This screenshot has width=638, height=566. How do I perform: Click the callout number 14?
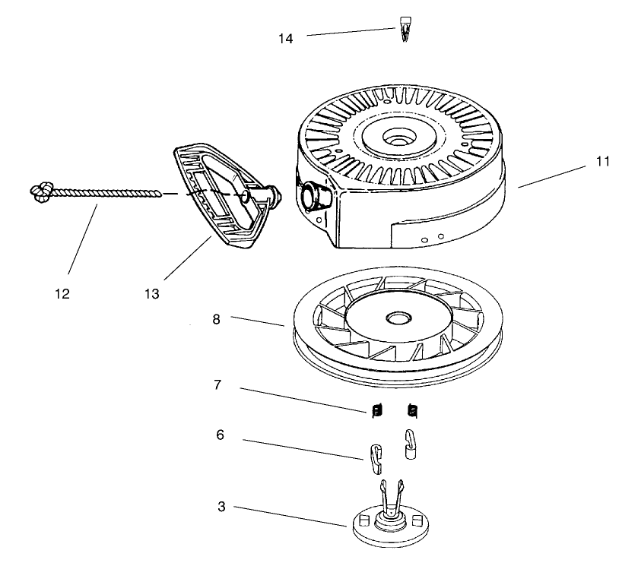(x=286, y=37)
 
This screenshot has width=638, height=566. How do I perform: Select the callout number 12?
(x=62, y=294)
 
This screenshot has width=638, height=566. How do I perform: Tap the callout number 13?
(x=151, y=294)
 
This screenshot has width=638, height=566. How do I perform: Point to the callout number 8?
(x=217, y=320)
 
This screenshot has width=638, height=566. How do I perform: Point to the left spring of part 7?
(x=376, y=411)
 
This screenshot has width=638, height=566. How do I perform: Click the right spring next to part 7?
(x=413, y=411)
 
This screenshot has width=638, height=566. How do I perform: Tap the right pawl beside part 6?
(x=411, y=444)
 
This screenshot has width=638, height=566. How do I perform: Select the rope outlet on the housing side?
(x=315, y=195)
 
